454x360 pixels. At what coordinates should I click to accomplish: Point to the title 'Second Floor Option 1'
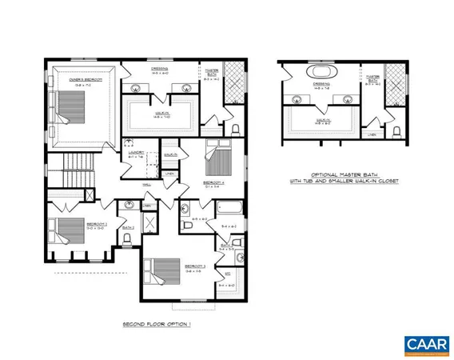click(157, 325)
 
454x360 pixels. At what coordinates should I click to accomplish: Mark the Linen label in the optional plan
click(372, 134)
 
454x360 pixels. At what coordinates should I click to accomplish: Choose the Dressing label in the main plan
click(160, 70)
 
